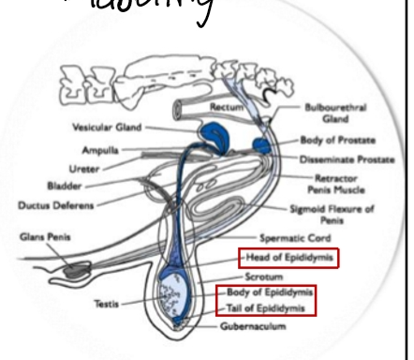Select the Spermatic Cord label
pyautogui.click(x=298, y=238)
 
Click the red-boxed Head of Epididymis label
pyautogui.click(x=274, y=259)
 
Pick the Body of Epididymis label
pyautogui.click(x=270, y=293)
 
